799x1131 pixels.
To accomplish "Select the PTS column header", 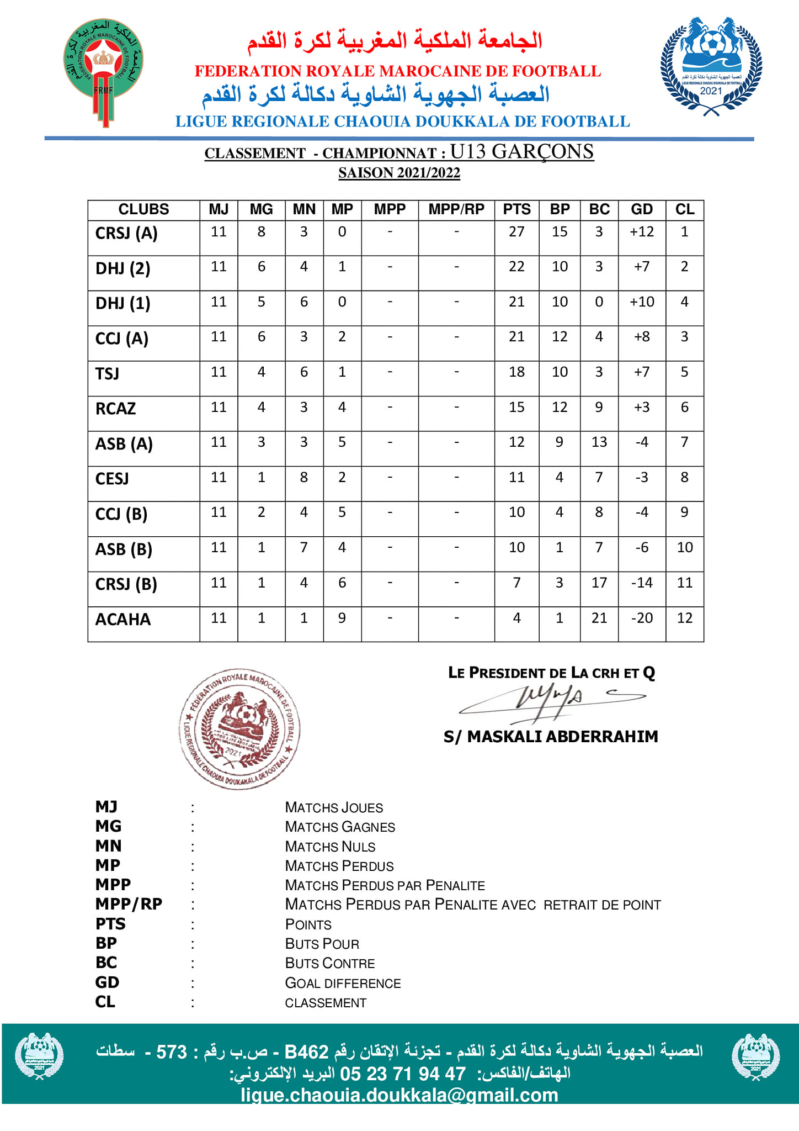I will point(516,209).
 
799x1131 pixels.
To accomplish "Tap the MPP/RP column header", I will point(456,209).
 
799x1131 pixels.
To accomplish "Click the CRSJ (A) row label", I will point(126,234).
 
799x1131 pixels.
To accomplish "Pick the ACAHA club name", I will point(123,620).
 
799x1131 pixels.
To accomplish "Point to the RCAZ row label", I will point(116,409).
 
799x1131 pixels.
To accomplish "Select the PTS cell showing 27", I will point(516,232).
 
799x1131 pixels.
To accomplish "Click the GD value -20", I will point(642,618).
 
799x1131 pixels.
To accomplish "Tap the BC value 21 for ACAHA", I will point(599,618).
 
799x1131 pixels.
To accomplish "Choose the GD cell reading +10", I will point(642,302).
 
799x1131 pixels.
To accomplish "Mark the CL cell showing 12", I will point(685,618).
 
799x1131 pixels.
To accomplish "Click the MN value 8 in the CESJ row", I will point(304,477).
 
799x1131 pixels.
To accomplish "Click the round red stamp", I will point(239,728).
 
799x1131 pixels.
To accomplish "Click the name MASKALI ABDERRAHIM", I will point(562,737).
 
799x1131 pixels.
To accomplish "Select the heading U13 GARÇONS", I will point(521,151).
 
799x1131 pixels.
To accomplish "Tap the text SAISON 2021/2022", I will point(399,173).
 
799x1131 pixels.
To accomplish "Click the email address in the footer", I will point(399,1095).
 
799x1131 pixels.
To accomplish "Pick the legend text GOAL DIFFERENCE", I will point(343,983).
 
